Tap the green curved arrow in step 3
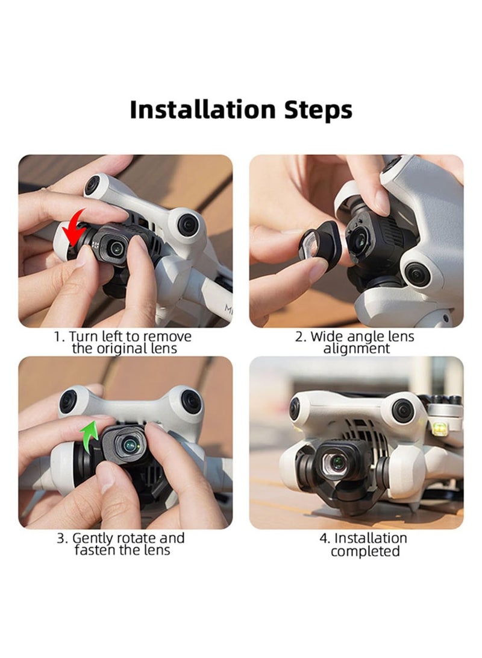tap(92, 435)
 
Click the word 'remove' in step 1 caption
tap(169, 337)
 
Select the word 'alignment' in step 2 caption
tap(357, 349)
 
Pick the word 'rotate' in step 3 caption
tap(142, 538)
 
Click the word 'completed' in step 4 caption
tap(365, 551)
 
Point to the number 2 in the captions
tap(299, 337)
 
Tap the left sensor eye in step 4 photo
tap(295, 408)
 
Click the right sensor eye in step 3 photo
tap(192, 402)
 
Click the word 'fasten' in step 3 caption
tap(97, 551)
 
